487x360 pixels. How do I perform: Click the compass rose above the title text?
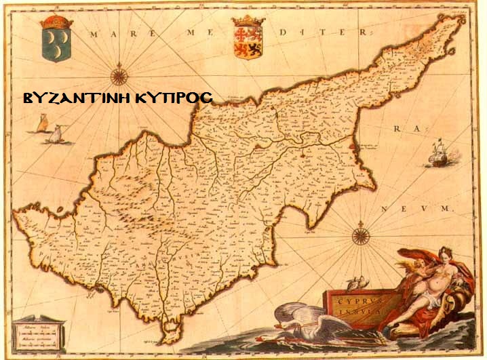(x=119, y=75)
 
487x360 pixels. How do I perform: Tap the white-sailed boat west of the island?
(x=56, y=134)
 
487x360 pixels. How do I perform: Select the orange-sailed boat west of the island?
(x=42, y=124)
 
